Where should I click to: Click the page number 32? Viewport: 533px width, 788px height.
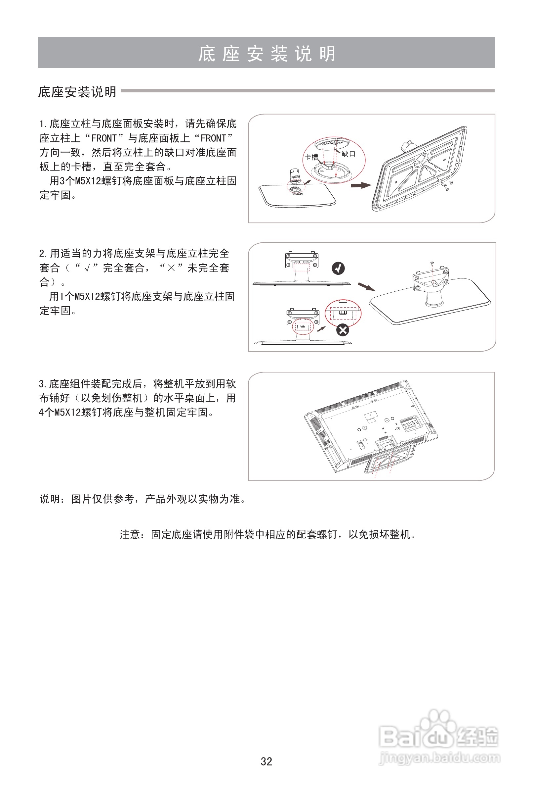click(x=266, y=761)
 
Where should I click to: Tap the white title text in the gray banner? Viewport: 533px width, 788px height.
click(x=266, y=54)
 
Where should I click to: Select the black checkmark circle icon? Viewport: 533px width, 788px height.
click(x=338, y=268)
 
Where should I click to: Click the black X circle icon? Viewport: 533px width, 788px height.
click(x=343, y=330)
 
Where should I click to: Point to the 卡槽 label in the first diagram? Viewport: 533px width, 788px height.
click(x=311, y=157)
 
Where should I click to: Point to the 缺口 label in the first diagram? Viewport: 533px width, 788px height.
click(x=348, y=154)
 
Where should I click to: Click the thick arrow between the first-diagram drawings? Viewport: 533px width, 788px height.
click(x=361, y=185)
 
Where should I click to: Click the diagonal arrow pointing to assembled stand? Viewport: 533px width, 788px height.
click(x=366, y=287)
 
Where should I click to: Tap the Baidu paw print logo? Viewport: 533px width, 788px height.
click(x=438, y=729)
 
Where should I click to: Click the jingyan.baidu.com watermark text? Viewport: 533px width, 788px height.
click(x=439, y=758)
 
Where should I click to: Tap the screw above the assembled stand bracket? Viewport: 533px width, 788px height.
click(x=432, y=263)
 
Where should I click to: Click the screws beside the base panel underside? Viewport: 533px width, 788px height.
click(x=446, y=185)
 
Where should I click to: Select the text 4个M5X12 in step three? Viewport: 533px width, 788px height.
click(x=60, y=412)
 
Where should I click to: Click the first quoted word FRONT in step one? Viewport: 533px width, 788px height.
click(x=104, y=138)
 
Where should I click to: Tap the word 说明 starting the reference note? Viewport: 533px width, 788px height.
click(x=50, y=499)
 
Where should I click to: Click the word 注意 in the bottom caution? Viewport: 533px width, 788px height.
click(x=130, y=535)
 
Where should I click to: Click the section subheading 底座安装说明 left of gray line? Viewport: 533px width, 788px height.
click(x=77, y=92)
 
